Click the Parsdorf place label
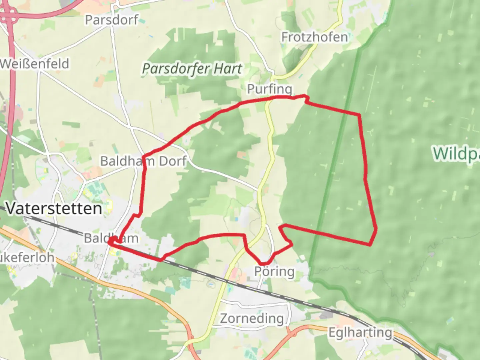pos(111,20)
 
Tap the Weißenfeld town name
pos(35,64)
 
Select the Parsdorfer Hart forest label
pos(192,69)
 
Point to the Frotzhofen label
pos(314,37)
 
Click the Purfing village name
pos(269,89)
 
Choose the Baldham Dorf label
pos(143,161)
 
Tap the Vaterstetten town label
pos(54,209)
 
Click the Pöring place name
pos(274,271)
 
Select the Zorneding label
pos(252,318)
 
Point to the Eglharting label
pos(360,332)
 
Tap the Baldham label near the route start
pos(111,238)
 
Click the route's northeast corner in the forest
pos(359,115)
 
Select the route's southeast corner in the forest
pos(370,245)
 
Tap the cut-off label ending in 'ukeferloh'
pos(27,257)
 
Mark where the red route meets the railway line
pos(162,259)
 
